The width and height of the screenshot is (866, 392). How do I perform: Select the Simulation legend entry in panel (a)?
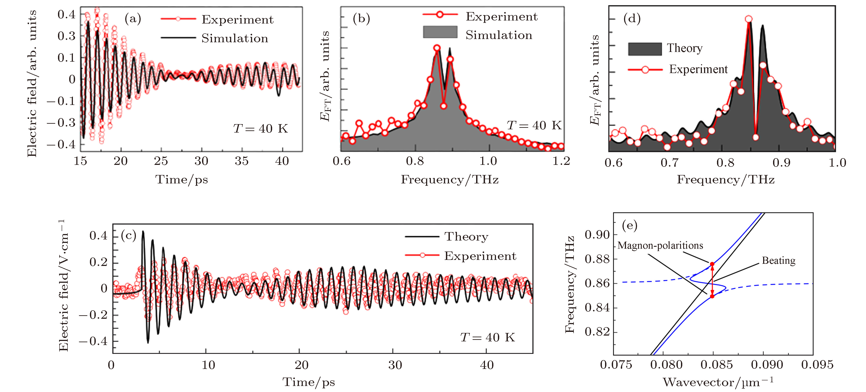(x=234, y=38)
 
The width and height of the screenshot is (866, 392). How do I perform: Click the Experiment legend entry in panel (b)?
(x=501, y=16)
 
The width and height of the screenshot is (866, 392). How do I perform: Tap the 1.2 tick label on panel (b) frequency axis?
(x=561, y=161)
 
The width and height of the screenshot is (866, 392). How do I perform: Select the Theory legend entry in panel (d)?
(x=684, y=48)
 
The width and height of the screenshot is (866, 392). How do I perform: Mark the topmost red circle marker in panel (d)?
(x=748, y=19)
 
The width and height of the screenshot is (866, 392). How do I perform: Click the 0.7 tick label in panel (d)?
(x=669, y=163)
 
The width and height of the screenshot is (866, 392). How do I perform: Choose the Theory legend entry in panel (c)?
(x=466, y=236)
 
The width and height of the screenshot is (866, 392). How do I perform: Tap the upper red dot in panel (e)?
(x=712, y=264)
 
